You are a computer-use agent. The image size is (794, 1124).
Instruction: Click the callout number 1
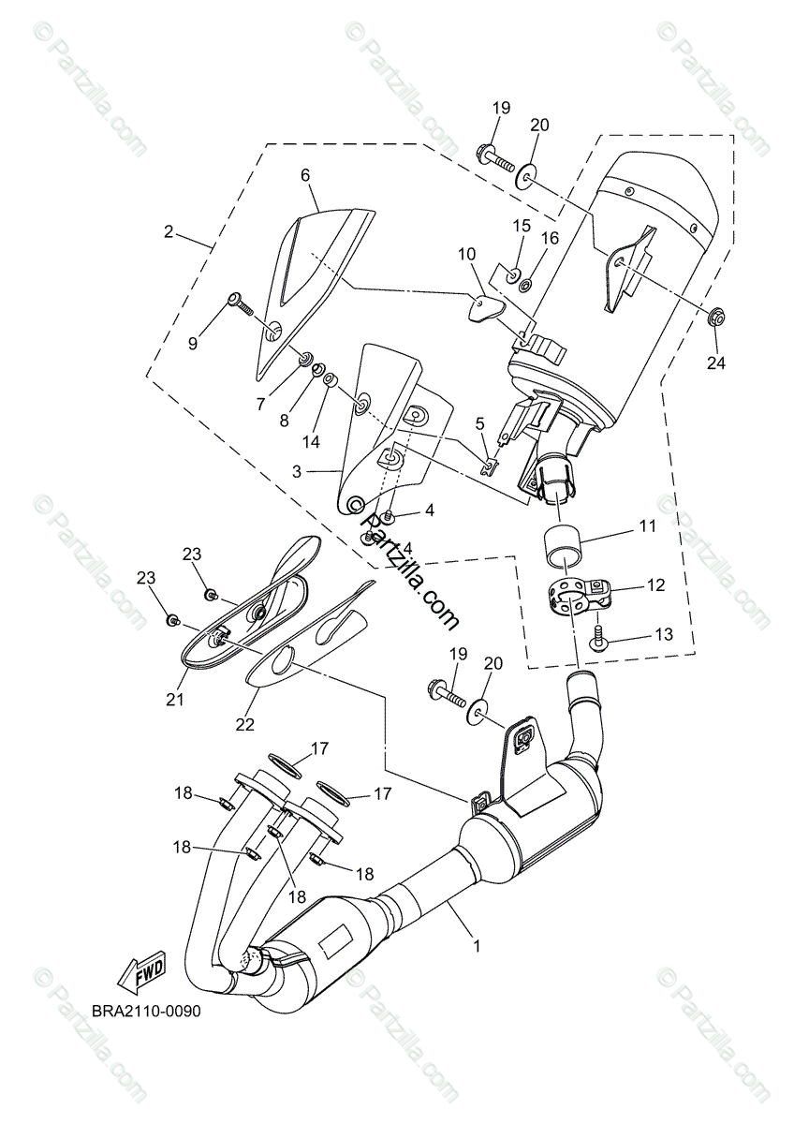tap(477, 947)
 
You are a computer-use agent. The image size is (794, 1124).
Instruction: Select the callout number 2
tap(169, 231)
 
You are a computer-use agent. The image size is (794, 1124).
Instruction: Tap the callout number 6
tap(304, 175)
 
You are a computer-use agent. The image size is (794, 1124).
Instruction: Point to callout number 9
tap(193, 344)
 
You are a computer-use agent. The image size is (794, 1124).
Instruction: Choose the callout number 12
tap(655, 585)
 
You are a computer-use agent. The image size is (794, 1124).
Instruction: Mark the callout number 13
tap(663, 634)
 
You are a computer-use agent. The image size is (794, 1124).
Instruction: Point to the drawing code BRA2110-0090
tap(146, 1012)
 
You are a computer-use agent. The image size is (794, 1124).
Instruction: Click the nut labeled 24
tap(714, 319)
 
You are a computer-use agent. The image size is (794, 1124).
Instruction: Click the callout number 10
tap(467, 254)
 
